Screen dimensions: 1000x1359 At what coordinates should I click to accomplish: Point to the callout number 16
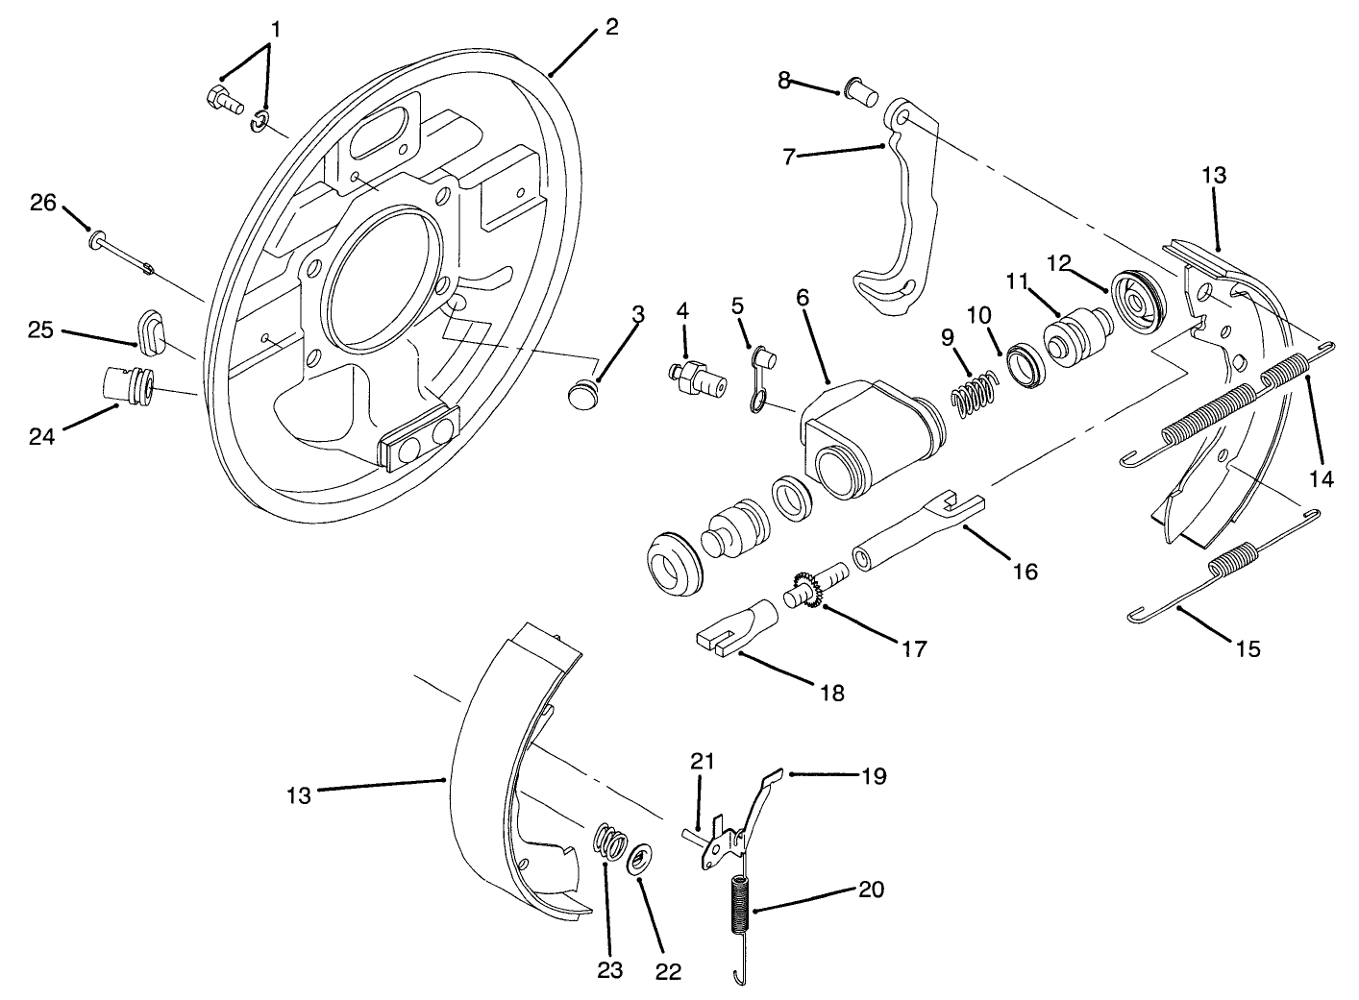click(x=1025, y=571)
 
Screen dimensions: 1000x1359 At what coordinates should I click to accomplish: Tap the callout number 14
click(x=1323, y=478)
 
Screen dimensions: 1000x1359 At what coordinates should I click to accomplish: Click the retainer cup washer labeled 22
click(x=639, y=858)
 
